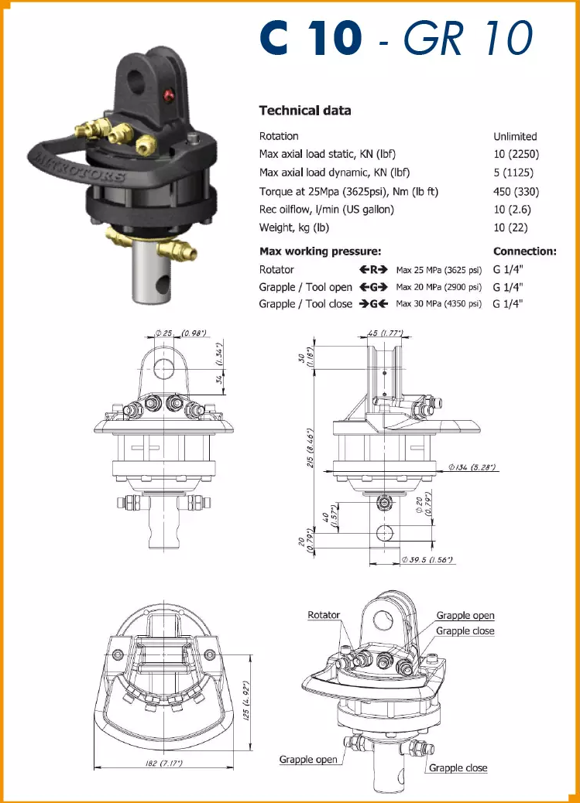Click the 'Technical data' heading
(304, 111)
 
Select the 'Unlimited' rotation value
(515, 136)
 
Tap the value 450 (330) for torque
(517, 191)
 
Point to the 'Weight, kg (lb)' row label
(294, 227)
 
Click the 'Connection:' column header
(524, 251)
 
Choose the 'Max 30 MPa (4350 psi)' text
(438, 304)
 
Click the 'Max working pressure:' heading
(320, 251)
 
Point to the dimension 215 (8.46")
(310, 444)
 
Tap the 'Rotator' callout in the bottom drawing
(324, 615)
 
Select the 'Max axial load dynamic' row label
(334, 173)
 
